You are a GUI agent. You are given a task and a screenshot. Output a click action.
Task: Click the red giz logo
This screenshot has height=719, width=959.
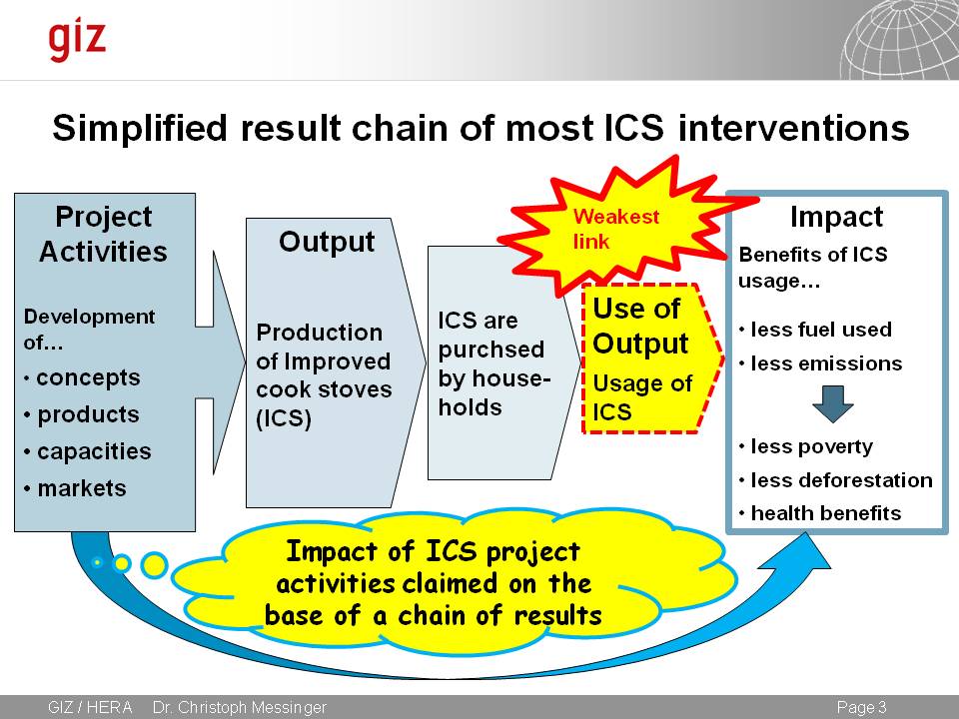(x=77, y=39)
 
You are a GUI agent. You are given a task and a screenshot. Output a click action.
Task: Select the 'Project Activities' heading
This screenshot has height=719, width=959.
(x=103, y=234)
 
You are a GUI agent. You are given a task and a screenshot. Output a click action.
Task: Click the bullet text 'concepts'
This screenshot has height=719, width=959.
(x=88, y=378)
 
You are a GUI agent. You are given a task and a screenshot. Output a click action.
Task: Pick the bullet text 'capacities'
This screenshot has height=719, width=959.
(x=94, y=451)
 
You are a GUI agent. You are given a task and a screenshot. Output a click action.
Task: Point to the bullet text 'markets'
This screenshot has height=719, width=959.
(x=82, y=488)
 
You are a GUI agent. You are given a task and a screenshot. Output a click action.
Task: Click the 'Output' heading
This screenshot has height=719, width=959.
(x=327, y=242)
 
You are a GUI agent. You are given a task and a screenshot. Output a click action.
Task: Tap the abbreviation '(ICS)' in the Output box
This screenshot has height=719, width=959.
(x=285, y=419)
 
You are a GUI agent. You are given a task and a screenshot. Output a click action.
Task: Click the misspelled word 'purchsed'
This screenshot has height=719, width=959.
(x=490, y=351)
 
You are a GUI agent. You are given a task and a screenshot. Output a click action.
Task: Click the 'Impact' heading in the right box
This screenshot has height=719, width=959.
(x=836, y=217)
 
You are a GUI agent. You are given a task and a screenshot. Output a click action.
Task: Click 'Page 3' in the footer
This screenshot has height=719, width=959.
(x=861, y=707)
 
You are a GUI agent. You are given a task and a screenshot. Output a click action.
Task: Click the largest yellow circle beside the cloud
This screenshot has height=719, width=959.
(x=154, y=564)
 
